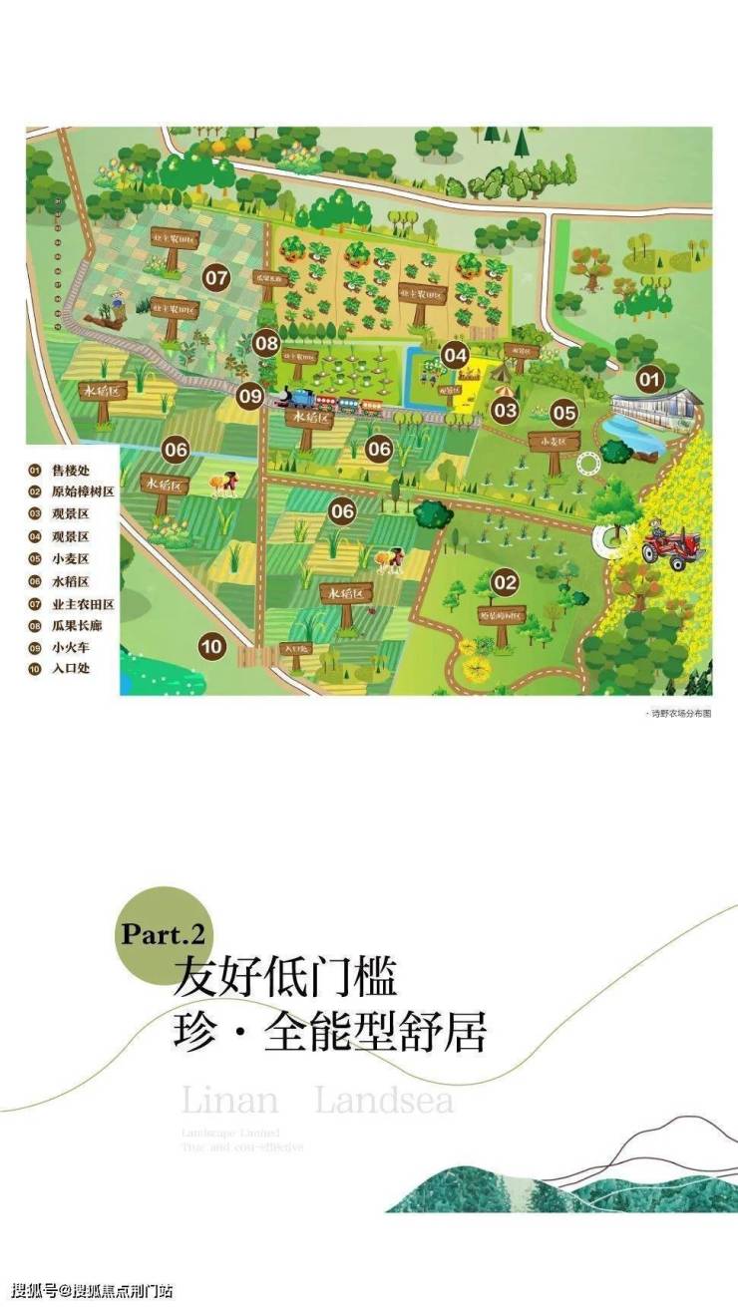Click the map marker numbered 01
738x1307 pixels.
650,379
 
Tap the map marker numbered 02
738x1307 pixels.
506,582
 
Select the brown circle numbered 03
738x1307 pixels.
505,409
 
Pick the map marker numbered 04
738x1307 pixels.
456,355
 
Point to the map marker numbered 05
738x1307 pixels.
564,411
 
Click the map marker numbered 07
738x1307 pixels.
217,278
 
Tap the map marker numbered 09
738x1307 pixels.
250,396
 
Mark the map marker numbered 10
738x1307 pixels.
211,645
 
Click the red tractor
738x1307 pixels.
673,547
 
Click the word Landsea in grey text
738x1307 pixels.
384,1102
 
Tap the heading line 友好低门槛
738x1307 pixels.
286,978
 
